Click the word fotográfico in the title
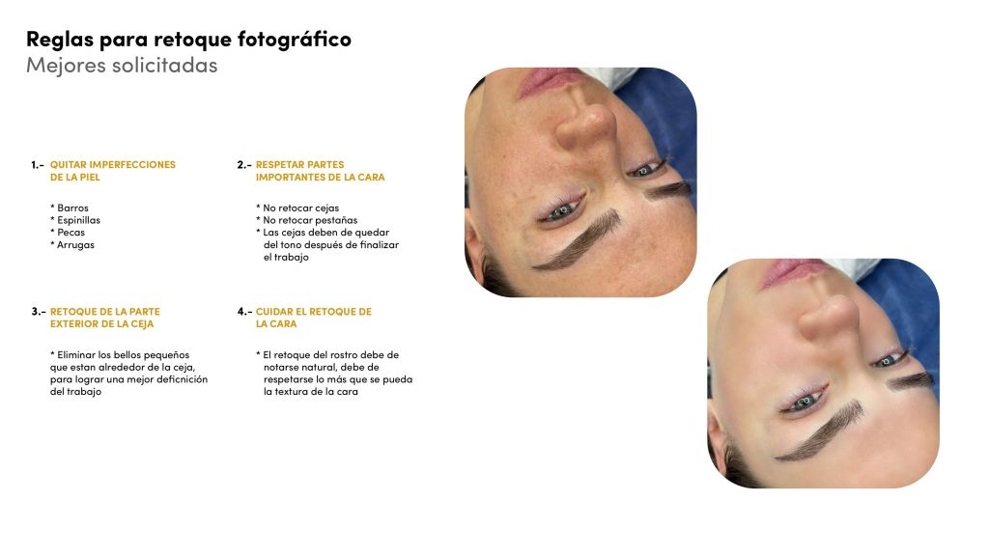(294, 40)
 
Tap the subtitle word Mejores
(65, 66)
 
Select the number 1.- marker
(38, 164)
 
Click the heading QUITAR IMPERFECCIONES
(113, 164)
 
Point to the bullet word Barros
(72, 208)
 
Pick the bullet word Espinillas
(78, 220)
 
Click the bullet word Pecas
(71, 233)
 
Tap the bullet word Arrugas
(75, 244)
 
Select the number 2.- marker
(244, 164)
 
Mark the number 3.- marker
(39, 312)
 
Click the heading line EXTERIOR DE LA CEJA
(102, 324)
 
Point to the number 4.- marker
(244, 312)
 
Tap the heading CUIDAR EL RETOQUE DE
(314, 312)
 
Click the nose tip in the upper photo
(586, 125)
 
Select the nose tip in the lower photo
(829, 317)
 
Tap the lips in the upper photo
(548, 81)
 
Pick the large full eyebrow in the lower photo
(821, 431)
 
